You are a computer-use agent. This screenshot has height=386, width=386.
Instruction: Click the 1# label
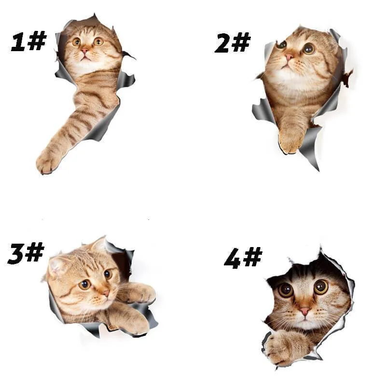[28, 41]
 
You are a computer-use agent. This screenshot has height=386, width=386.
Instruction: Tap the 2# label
[233, 42]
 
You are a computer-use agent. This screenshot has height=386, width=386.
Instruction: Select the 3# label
[26, 253]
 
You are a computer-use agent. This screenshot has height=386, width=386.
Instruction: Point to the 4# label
[243, 258]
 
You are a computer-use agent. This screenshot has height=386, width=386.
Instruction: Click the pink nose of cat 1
[85, 51]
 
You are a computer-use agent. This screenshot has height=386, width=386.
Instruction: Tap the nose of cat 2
[289, 57]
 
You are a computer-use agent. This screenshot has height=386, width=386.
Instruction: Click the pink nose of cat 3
[106, 293]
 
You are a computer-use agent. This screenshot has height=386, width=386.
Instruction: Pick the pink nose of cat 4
[305, 311]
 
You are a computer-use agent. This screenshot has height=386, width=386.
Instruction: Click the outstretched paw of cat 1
[48, 161]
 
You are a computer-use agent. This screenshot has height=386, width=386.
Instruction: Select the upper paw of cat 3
[142, 293]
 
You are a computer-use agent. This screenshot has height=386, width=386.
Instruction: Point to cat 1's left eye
[77, 42]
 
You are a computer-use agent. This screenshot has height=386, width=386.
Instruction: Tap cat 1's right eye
[98, 41]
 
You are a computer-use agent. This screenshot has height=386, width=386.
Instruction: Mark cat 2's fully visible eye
[309, 49]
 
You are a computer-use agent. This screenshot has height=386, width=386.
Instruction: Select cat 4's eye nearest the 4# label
[286, 290]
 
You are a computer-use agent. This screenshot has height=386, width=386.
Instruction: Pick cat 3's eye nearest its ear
[84, 285]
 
